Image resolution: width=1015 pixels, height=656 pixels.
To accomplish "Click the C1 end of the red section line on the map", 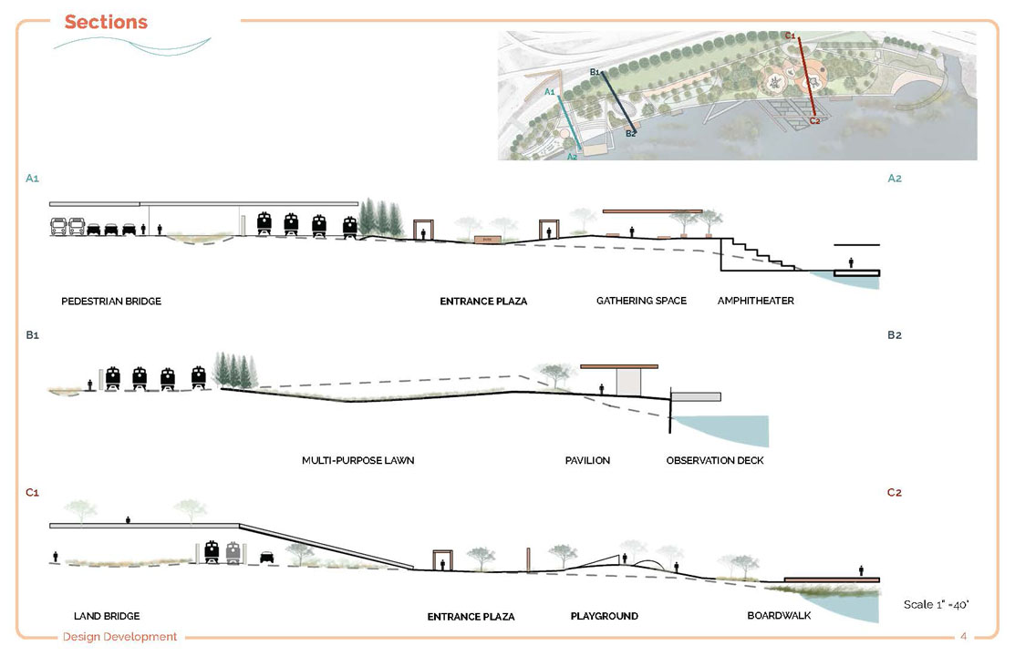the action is coord(800,39).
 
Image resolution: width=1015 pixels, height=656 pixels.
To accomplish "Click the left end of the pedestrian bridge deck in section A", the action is coord(50,204).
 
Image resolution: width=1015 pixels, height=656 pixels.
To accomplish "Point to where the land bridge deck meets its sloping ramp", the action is coord(239,525).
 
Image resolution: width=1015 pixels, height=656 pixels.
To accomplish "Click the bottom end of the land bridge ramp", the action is coord(413,569).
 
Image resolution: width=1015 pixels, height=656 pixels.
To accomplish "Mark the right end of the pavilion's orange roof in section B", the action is coord(658,366).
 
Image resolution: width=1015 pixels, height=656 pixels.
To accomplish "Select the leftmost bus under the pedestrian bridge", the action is coord(58,227).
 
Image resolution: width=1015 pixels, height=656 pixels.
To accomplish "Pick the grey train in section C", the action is coord(233,552).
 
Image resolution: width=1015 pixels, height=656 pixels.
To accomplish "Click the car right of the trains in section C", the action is coord(266,557).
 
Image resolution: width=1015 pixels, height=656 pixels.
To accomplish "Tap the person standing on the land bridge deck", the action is coord(128,519).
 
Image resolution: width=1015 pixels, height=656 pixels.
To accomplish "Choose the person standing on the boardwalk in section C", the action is coord(861,570).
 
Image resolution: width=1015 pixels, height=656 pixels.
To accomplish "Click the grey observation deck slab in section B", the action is coord(696,396).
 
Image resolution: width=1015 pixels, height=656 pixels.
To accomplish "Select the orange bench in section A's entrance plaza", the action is coord(487,240).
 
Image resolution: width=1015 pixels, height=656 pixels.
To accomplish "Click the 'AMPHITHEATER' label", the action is coord(755,301).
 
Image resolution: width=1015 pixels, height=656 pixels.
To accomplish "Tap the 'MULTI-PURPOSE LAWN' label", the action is coord(358,461).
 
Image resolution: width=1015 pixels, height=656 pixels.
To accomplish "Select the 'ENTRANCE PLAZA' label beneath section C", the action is coord(471,617).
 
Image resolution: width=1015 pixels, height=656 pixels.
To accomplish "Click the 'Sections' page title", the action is coord(106,22).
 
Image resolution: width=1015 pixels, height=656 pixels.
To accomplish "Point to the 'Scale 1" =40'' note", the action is coord(936,604).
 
